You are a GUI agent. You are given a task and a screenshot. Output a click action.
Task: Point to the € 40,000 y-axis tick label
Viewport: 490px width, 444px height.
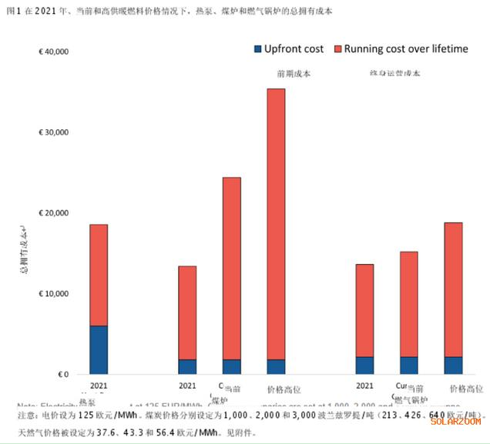(54, 52)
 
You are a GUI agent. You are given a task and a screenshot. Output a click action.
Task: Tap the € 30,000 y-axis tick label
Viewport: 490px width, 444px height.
(54, 132)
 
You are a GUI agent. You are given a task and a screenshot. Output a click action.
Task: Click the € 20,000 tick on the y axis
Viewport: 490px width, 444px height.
(54, 213)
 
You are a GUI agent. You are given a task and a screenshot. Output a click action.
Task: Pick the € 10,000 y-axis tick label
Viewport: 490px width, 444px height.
(54, 294)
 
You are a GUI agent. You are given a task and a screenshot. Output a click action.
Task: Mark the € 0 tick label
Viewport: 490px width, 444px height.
(64, 375)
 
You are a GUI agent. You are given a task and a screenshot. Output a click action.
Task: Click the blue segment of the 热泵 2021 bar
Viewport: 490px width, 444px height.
(99, 350)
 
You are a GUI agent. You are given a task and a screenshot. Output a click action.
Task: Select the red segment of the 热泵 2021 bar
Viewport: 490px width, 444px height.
(99, 275)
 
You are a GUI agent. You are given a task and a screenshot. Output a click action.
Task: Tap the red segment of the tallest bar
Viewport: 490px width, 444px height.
(276, 223)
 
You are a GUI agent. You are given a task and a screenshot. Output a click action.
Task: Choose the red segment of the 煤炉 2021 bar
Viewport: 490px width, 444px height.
(187, 312)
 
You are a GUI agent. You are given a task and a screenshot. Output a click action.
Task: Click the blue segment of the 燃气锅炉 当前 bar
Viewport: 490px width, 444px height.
(409, 366)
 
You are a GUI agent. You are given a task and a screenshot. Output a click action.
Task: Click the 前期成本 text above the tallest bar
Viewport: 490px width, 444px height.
(276, 75)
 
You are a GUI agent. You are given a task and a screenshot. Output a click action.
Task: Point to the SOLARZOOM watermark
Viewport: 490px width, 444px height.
(455, 421)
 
